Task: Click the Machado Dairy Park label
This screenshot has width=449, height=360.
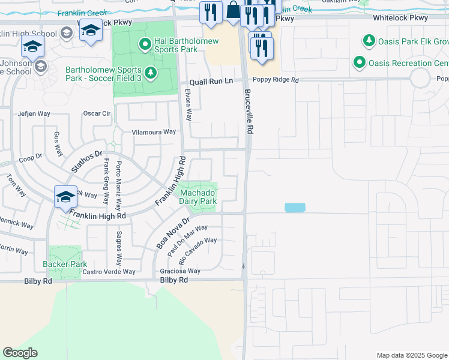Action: tap(198, 197)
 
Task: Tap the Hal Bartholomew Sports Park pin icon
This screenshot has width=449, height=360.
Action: tap(144, 44)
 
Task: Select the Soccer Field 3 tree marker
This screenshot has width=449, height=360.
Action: tap(150, 73)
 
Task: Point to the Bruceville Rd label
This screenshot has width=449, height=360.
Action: tap(248, 112)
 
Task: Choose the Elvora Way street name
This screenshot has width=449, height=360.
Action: tap(188, 106)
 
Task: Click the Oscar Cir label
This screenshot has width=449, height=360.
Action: tap(97, 113)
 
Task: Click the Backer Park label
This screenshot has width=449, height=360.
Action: tap(65, 264)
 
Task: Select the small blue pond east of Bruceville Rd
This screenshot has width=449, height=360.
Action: tap(295, 208)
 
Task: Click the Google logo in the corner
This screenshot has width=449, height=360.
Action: tap(20, 353)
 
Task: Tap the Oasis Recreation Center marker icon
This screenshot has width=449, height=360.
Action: tap(360, 62)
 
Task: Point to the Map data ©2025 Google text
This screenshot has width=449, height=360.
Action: tap(411, 355)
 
